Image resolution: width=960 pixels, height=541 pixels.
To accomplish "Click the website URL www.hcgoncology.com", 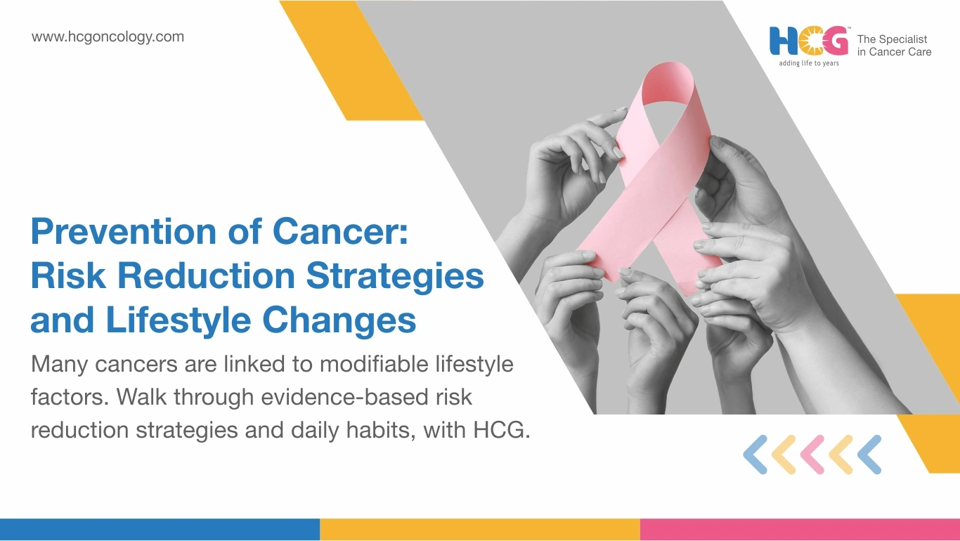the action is tap(108, 37).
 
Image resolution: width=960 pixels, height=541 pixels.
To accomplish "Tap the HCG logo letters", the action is tap(809, 41).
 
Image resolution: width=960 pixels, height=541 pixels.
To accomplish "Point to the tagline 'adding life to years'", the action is tap(809, 63).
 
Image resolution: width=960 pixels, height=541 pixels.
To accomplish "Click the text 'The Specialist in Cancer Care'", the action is tap(894, 46).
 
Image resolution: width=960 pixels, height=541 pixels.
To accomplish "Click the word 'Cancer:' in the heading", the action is tap(340, 231).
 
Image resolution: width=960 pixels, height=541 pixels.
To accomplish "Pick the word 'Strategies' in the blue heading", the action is tap(395, 277).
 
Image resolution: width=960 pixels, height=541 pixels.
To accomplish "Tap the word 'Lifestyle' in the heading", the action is tap(178, 320).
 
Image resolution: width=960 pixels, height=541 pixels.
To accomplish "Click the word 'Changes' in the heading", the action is tap(339, 320).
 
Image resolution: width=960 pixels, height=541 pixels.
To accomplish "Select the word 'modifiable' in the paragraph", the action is tap(374, 364).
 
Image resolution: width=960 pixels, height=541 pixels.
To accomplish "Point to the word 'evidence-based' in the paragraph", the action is tap(344, 397).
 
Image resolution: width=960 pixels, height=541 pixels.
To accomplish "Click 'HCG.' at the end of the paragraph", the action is tap(501, 429).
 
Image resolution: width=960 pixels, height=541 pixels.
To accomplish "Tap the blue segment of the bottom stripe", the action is tap(160, 530).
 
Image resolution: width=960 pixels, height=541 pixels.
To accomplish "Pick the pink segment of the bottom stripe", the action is tap(800, 530).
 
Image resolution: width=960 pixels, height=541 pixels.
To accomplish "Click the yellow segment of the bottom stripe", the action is tap(480, 530).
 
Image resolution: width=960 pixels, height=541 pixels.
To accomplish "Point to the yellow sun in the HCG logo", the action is tap(809, 41).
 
